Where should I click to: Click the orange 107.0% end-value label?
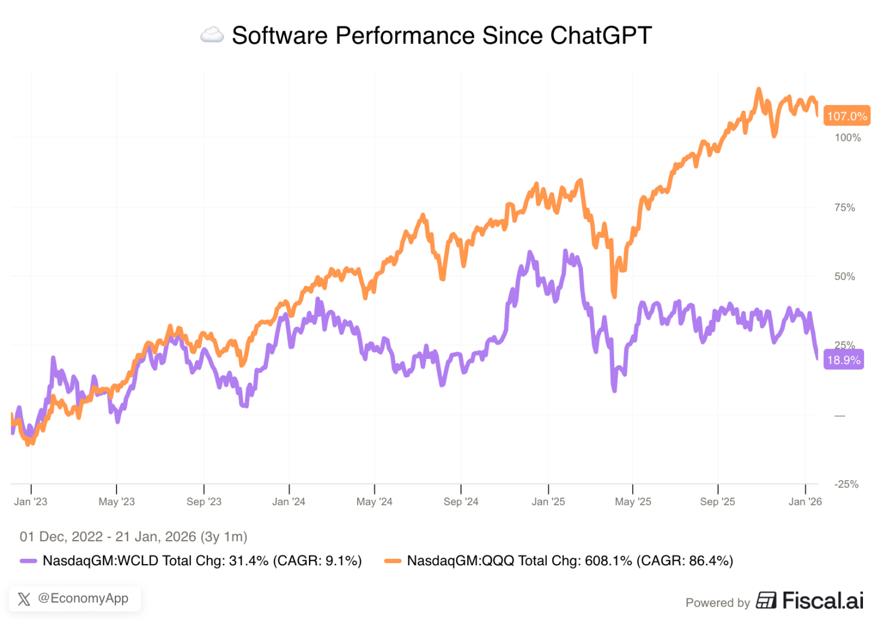(847, 116)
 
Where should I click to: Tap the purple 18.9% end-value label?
(844, 360)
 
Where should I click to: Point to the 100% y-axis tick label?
(847, 138)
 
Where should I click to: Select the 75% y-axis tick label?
(844, 208)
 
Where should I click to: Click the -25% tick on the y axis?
(846, 484)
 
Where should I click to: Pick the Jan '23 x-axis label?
(31, 502)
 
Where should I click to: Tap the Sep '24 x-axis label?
(461, 502)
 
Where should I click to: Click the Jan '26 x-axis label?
(805, 502)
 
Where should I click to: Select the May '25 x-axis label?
(632, 502)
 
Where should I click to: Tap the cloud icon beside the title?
(212, 35)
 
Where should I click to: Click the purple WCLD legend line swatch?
(28, 561)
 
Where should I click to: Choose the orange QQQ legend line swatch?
(392, 561)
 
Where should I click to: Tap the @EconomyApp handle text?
(83, 598)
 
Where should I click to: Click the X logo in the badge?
(24, 599)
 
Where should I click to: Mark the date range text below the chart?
(133, 536)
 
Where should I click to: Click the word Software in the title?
(280, 35)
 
